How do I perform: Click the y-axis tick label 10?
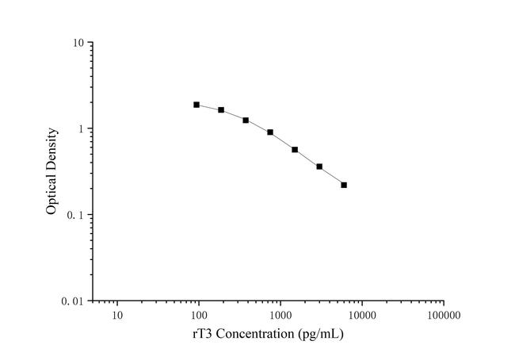click(79, 42)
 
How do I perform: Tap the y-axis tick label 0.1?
click(77, 215)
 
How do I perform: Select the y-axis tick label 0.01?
click(74, 301)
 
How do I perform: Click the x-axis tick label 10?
click(117, 316)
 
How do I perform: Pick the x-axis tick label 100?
click(199, 316)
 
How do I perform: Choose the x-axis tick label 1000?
click(280, 316)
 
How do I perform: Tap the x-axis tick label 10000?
click(362, 316)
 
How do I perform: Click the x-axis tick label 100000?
click(444, 316)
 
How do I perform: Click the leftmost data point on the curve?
click(196, 105)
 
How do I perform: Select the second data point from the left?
click(221, 110)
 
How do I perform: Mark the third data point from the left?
click(246, 121)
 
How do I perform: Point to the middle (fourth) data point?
click(270, 132)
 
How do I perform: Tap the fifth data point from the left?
click(295, 150)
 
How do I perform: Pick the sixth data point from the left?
click(319, 167)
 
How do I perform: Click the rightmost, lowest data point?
click(344, 185)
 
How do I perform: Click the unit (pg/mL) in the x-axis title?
click(322, 335)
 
